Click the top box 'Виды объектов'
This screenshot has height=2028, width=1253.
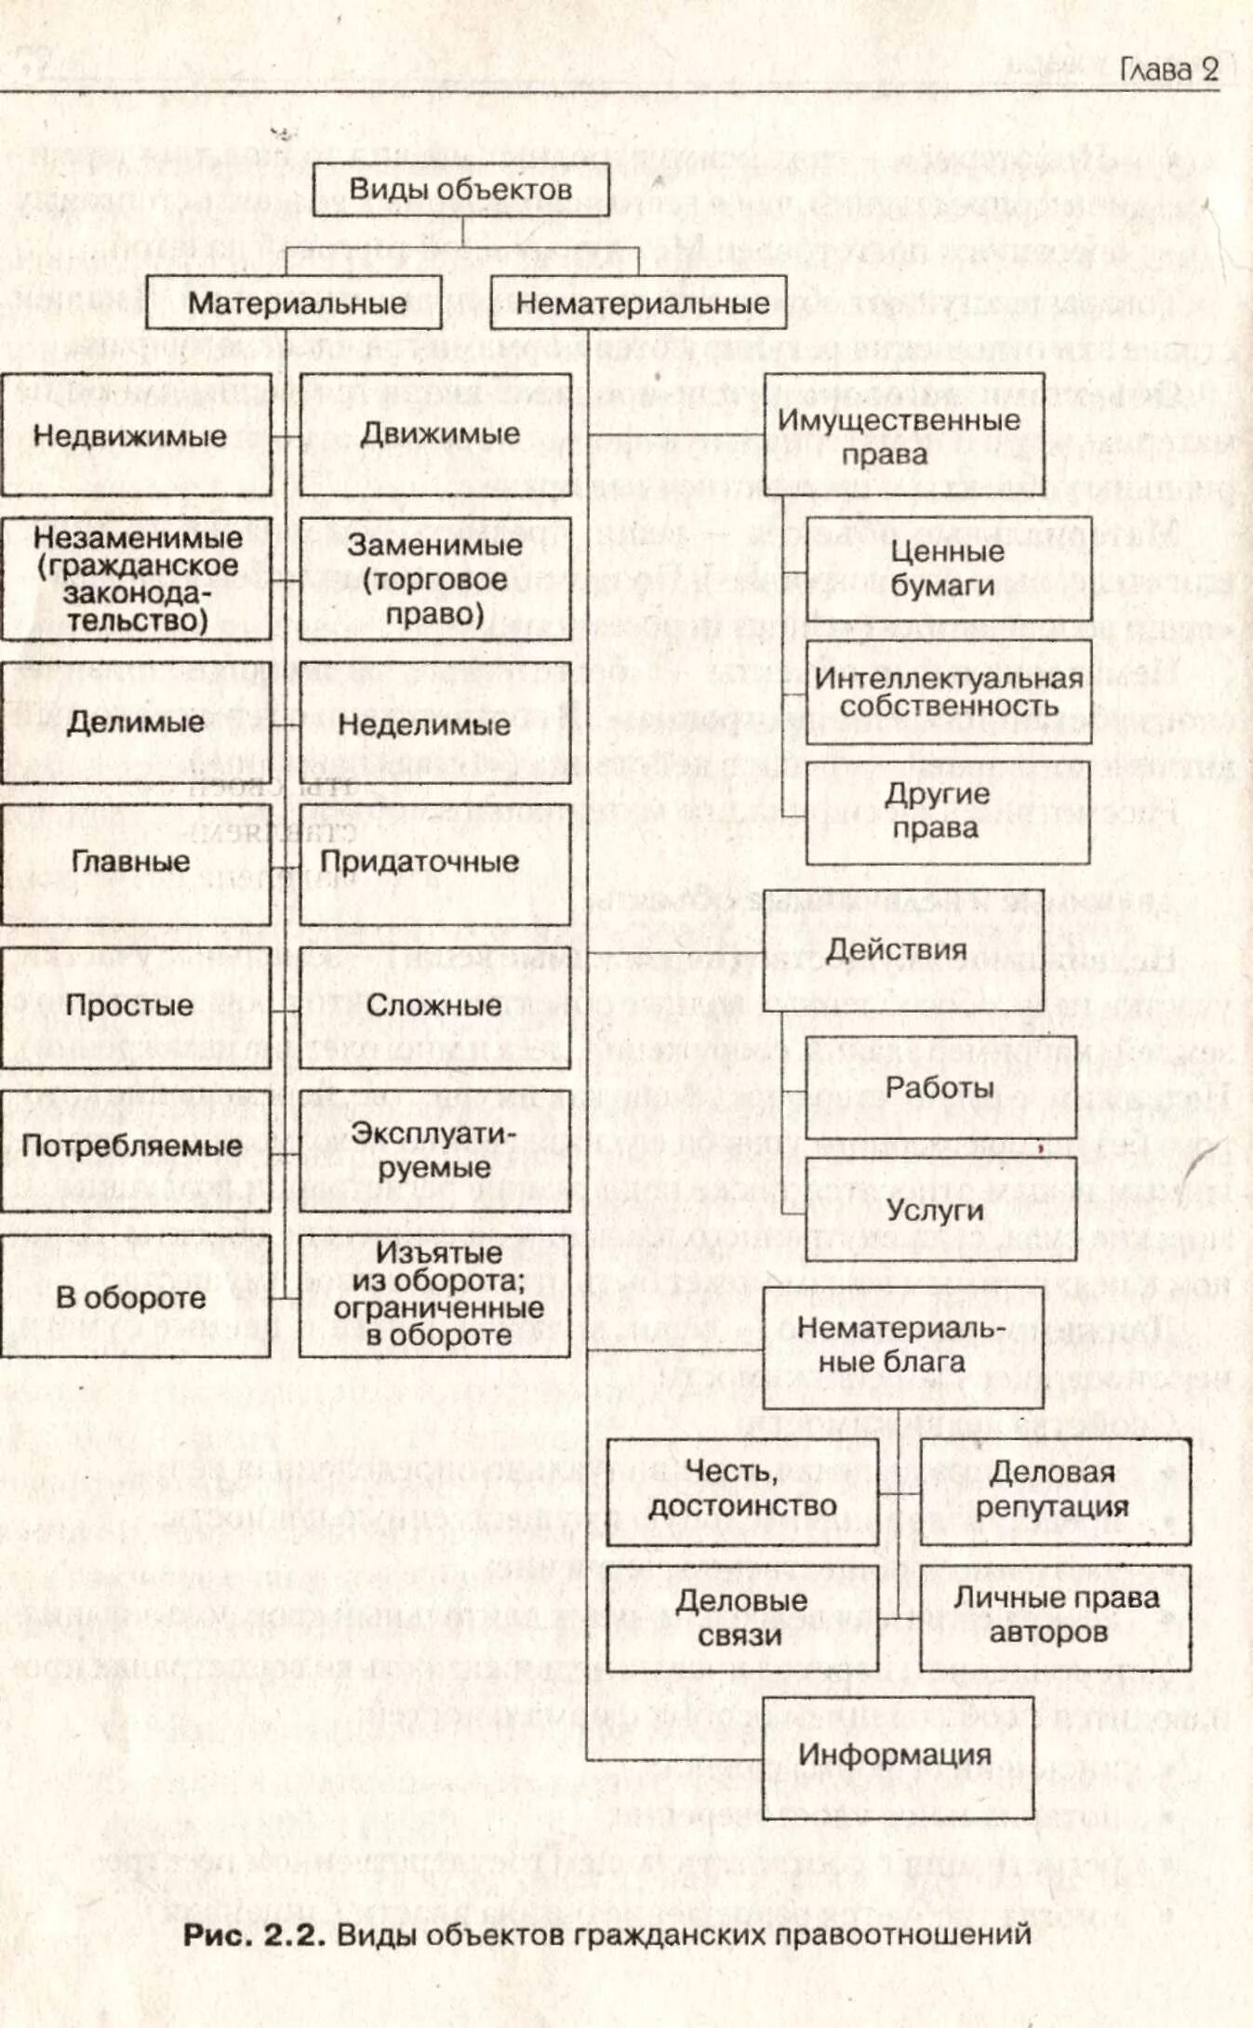point(460,190)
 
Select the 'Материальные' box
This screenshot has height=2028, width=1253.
point(294,303)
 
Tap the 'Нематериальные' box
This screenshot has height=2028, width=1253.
point(639,303)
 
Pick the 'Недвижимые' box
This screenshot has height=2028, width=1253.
point(136,435)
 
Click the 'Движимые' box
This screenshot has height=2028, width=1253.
point(435,435)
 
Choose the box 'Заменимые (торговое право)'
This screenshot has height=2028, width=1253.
point(435,579)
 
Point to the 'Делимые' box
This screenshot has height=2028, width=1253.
point(136,722)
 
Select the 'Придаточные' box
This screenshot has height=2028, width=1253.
point(435,862)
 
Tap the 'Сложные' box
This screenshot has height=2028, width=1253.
point(435,1005)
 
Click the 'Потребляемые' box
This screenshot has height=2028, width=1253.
point(136,1147)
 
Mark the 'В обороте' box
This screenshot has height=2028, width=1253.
point(136,1297)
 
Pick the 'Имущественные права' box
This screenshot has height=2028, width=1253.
point(903,436)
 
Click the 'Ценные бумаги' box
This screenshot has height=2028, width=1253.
point(948,568)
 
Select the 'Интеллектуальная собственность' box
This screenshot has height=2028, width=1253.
point(948,692)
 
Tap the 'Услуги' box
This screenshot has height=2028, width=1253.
point(940,1210)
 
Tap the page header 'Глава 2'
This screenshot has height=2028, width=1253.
point(1168,70)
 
